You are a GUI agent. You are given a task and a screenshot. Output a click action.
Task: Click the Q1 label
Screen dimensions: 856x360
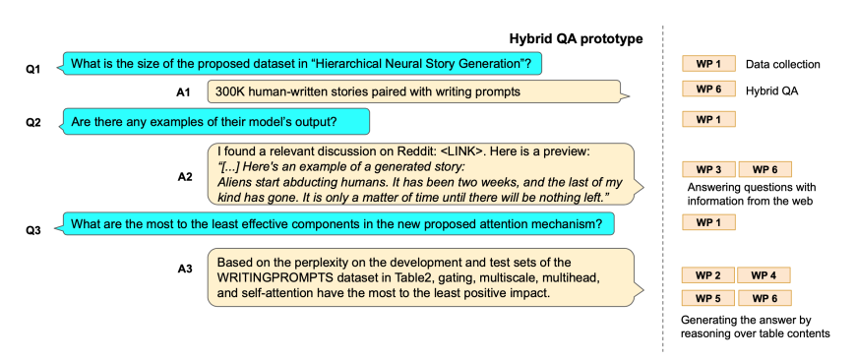point(33,69)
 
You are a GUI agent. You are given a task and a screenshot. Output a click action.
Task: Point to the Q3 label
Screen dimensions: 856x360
point(33,230)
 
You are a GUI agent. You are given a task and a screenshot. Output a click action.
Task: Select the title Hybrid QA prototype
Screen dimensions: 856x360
point(576,38)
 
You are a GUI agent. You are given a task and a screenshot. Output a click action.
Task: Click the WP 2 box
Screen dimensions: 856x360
point(708,275)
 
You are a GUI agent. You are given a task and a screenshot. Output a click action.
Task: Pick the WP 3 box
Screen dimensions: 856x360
point(708,169)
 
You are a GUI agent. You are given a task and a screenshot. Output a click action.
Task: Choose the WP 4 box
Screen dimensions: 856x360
point(764,275)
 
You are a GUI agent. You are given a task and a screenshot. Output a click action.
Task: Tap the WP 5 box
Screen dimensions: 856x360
point(708,298)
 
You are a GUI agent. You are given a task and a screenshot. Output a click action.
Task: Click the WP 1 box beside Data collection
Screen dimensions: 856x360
point(708,64)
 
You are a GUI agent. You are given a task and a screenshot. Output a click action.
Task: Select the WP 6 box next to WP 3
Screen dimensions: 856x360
point(764,169)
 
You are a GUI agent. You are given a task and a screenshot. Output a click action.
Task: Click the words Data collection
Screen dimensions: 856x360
point(783,64)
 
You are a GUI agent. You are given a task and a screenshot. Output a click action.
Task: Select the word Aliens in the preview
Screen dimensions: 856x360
point(232,182)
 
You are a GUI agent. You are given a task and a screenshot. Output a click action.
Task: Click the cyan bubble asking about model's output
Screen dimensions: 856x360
point(216,122)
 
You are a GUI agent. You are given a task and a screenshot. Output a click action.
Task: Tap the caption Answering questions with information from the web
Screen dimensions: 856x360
point(751,194)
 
